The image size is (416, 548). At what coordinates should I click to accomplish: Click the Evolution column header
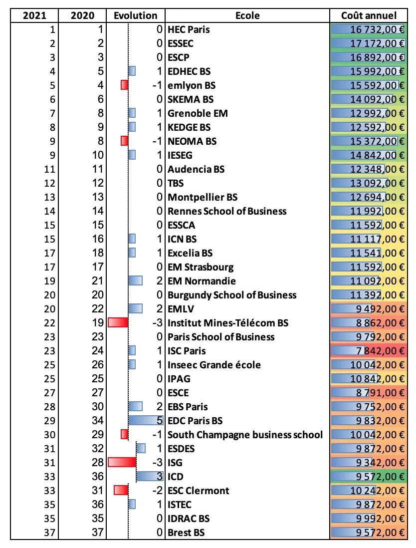pyautogui.click(x=135, y=15)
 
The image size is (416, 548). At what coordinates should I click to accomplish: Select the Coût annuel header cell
pyautogui.click(x=369, y=15)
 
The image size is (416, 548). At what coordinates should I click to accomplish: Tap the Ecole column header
pyautogui.click(x=247, y=15)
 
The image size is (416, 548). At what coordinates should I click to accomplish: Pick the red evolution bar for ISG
pyautogui.click(x=122, y=463)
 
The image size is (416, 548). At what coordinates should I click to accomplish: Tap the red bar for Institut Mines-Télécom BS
pyautogui.click(x=118, y=323)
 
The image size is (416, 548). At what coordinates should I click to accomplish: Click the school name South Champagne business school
pyautogui.click(x=245, y=435)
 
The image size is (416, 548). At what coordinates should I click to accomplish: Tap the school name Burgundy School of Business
pyautogui.click(x=232, y=295)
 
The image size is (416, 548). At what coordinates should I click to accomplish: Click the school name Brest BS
pyautogui.click(x=186, y=533)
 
